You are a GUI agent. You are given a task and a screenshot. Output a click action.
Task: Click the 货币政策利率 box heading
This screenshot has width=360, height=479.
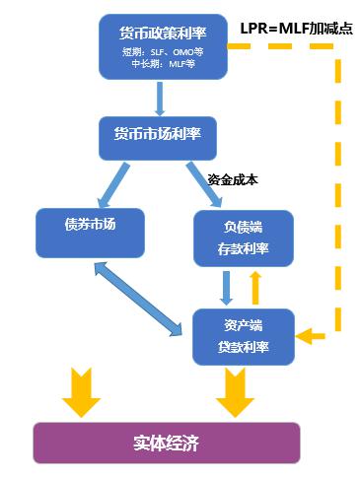(x=163, y=34)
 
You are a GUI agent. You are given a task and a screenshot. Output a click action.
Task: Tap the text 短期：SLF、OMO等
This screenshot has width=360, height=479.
(x=163, y=52)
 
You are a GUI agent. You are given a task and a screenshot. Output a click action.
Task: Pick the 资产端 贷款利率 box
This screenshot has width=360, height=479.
(x=245, y=334)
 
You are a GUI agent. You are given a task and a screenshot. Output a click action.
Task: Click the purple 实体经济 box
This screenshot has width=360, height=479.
(x=165, y=443)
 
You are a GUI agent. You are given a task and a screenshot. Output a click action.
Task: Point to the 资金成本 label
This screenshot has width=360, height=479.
(x=232, y=179)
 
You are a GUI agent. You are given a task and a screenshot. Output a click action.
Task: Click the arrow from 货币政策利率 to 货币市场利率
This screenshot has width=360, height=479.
(x=159, y=99)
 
